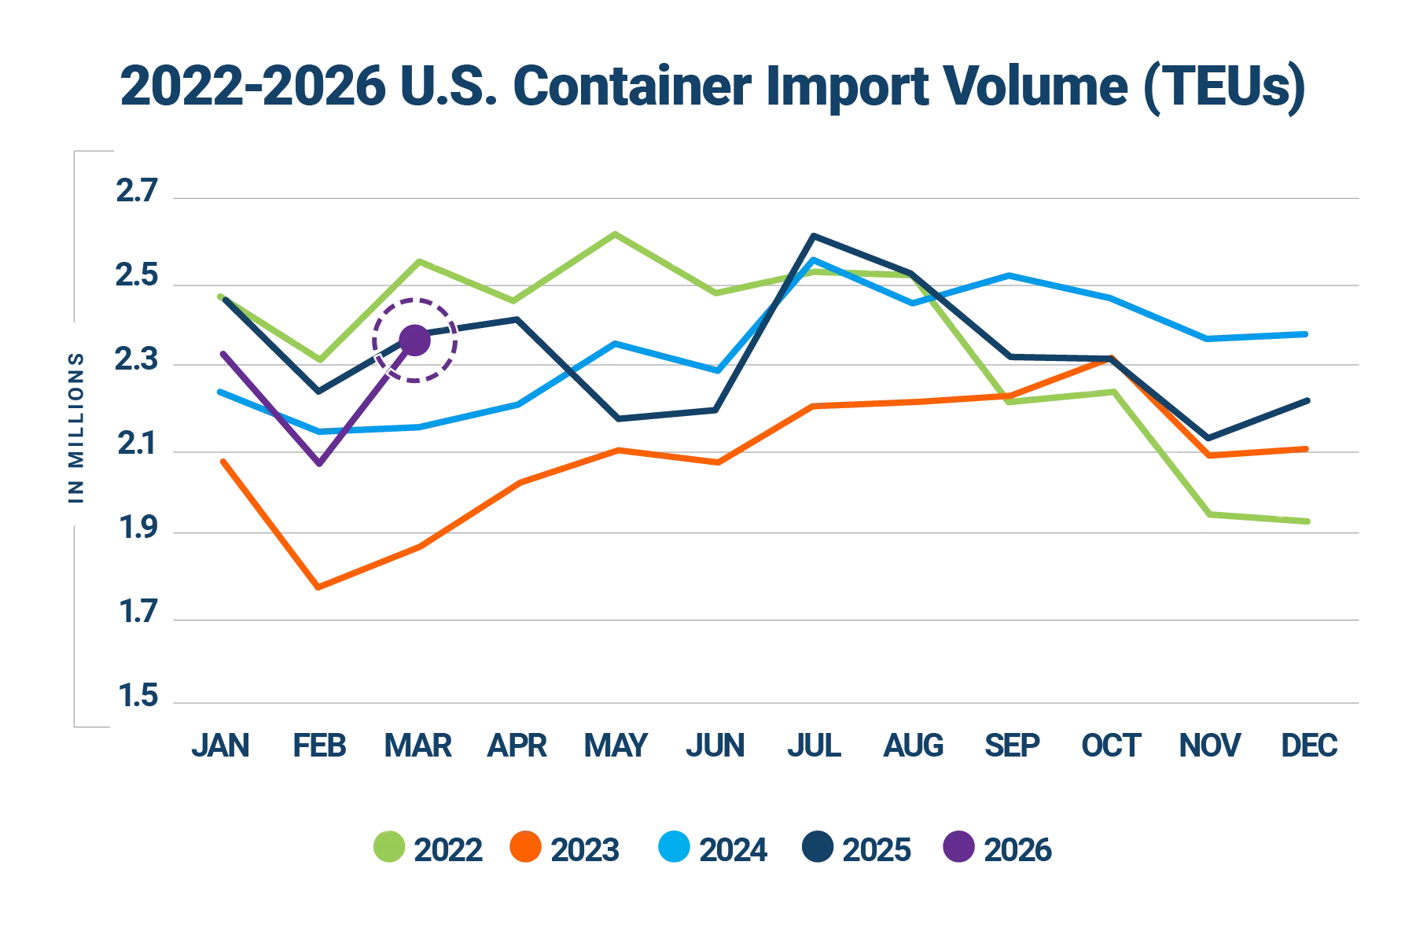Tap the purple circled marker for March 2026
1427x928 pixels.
[414, 341]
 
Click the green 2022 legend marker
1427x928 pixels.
[389, 849]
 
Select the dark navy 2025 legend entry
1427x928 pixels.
[856, 849]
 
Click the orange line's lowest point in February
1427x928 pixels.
[318, 586]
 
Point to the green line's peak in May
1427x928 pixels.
[617, 233]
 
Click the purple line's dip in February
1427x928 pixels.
[319, 464]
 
